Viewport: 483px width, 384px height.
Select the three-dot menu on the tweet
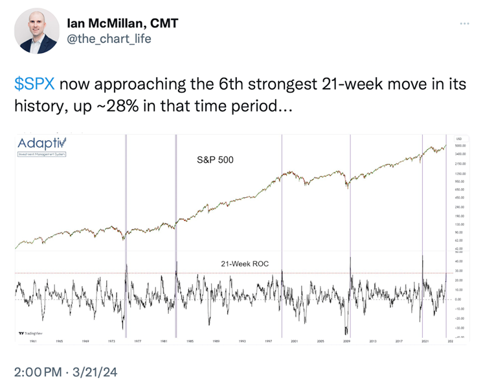(464, 24)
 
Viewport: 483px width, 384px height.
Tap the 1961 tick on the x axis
(32, 341)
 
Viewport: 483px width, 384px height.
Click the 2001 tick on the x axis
(294, 341)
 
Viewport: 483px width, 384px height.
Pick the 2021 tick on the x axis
(425, 341)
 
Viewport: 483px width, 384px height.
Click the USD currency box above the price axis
(459, 139)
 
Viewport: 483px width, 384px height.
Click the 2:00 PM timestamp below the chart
(41, 373)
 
